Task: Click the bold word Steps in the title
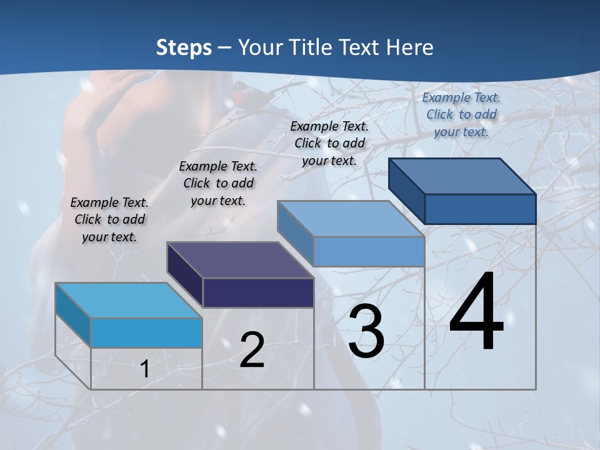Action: [184, 47]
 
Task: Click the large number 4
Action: [476, 312]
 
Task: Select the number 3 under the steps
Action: [366, 331]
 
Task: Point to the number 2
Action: [252, 350]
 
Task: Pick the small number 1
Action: [145, 369]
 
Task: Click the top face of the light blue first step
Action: [129, 300]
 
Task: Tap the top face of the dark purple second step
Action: [240, 259]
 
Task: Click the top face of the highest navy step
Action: [462, 176]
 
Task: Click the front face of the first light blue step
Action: [146, 332]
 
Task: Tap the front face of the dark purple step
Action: [258, 292]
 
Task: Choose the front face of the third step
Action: [369, 251]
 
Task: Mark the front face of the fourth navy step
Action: [480, 209]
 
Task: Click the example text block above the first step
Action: [110, 219]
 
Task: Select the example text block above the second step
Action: [218, 183]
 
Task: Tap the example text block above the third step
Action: [329, 143]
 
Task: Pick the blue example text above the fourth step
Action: [461, 114]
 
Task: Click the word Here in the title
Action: [411, 47]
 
